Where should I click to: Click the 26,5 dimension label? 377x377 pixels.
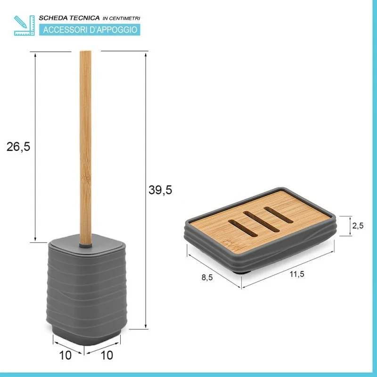[18, 147]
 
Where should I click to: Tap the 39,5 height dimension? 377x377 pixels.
[160, 190]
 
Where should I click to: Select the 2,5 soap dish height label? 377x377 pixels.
[358, 226]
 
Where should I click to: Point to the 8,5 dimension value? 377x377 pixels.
[207, 278]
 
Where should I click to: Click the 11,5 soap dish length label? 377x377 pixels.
[297, 274]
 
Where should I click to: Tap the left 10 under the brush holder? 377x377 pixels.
[66, 355]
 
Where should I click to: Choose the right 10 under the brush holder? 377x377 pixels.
[107, 355]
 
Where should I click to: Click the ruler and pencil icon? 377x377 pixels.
[25, 25]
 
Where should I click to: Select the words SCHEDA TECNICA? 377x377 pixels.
[69, 18]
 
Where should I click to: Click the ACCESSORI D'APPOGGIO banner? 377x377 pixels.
[90, 30]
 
